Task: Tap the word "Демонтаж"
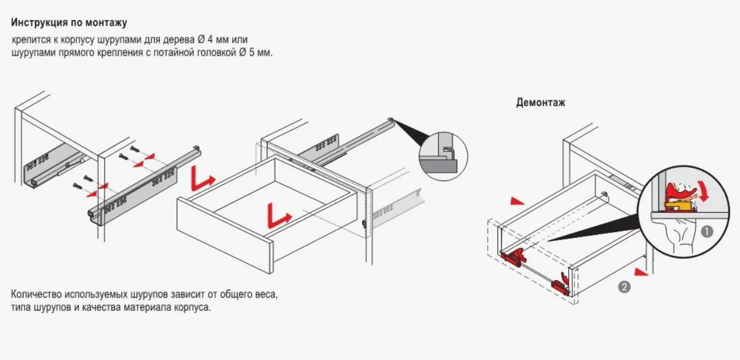[540, 102]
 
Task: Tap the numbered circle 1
[707, 231]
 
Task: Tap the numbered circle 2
[625, 287]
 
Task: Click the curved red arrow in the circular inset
[706, 192]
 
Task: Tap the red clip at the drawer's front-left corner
[513, 257]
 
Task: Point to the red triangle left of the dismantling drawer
[516, 200]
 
